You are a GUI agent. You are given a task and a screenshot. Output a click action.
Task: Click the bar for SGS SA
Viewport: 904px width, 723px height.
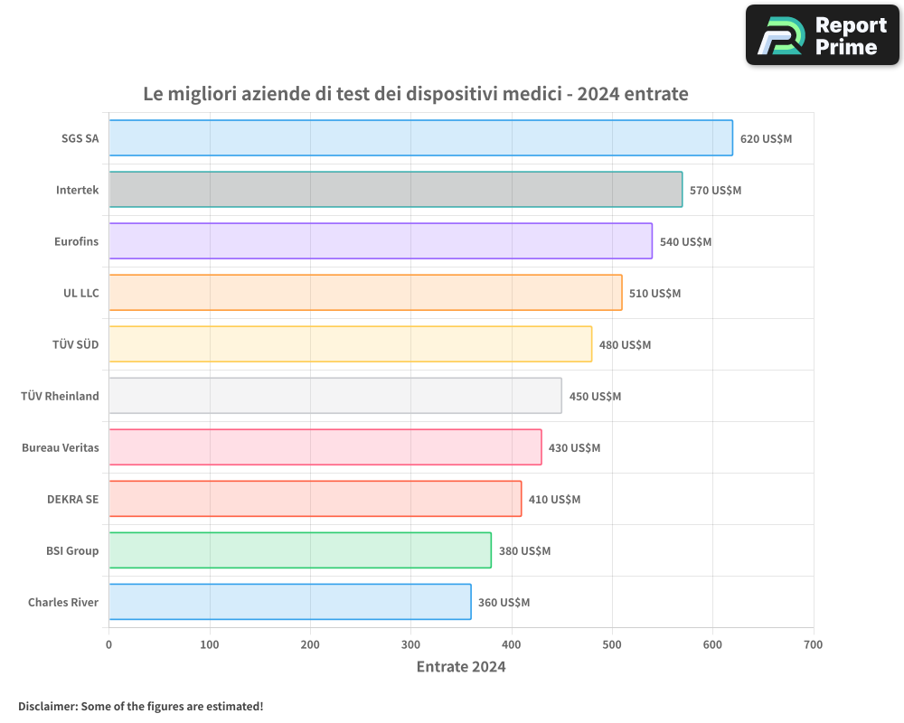420,138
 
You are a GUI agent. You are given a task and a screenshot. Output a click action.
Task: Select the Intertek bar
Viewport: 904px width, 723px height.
395,190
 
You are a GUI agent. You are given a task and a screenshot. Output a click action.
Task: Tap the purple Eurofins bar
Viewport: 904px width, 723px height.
380,241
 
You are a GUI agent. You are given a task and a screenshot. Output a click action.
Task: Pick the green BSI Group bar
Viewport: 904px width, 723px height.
300,550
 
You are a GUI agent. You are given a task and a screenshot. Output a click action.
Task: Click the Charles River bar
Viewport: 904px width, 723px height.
289,602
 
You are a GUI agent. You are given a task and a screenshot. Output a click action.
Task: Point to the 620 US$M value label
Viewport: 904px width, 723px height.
766,139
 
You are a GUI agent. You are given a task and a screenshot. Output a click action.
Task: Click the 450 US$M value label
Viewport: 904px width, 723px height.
595,397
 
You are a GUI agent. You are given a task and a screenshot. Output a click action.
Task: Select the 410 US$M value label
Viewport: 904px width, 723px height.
554,500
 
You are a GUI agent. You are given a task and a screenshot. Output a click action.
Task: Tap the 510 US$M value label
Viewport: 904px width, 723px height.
654,294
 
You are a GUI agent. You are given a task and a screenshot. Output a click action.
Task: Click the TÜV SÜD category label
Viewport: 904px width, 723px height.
76,344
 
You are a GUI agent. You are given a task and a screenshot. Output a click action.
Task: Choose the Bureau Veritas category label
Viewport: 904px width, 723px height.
61,447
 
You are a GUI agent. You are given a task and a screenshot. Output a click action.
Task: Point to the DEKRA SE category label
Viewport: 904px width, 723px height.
73,499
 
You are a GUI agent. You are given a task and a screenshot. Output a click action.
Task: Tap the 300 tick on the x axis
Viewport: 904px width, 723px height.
410,645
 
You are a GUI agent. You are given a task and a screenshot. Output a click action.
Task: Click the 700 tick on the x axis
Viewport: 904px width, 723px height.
813,645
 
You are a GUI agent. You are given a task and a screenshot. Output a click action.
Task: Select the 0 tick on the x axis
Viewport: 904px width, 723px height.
109,645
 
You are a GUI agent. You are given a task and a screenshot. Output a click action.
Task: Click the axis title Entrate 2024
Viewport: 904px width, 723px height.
461,667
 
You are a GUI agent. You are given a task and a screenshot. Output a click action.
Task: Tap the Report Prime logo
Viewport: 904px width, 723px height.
823,35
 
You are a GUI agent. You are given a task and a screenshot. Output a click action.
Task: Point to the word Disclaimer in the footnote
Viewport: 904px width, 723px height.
47,707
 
